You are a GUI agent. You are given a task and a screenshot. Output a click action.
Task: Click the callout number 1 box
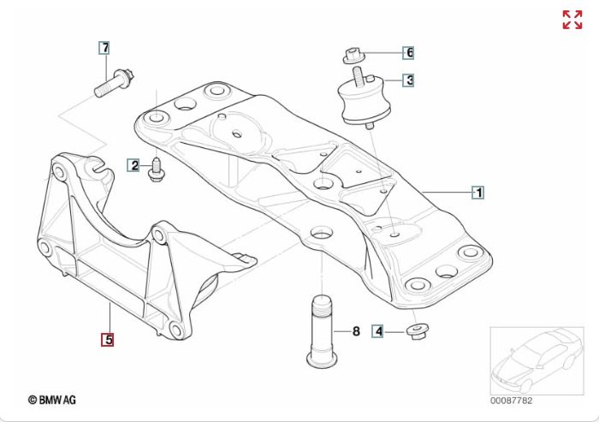click(x=478, y=193)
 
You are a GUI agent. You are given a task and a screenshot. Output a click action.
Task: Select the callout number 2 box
click(x=133, y=165)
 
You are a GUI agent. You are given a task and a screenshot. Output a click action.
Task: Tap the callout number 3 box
click(x=408, y=80)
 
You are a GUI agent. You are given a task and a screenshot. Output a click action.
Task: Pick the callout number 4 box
click(x=378, y=331)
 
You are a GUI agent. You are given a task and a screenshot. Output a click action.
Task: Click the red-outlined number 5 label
click(x=107, y=340)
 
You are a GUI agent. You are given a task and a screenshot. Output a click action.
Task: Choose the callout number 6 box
click(x=408, y=52)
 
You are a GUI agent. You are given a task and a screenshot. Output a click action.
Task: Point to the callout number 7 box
click(x=104, y=48)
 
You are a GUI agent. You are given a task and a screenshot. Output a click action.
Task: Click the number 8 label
click(x=356, y=331)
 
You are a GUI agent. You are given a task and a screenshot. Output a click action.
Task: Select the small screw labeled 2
click(x=156, y=170)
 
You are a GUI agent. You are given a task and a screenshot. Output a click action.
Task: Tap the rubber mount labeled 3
click(x=365, y=99)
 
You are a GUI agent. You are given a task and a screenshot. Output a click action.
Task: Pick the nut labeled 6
click(x=353, y=56)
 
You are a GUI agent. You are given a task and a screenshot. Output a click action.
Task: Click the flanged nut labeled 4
click(x=418, y=332)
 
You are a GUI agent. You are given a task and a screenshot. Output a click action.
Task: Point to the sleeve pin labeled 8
click(x=322, y=332)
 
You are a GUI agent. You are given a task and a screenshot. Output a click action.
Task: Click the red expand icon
click(x=572, y=20)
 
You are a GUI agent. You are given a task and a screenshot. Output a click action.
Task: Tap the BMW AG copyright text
click(x=52, y=400)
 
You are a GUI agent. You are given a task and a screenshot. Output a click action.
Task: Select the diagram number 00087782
click(x=511, y=401)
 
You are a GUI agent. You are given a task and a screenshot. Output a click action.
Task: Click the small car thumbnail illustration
click(x=537, y=360)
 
